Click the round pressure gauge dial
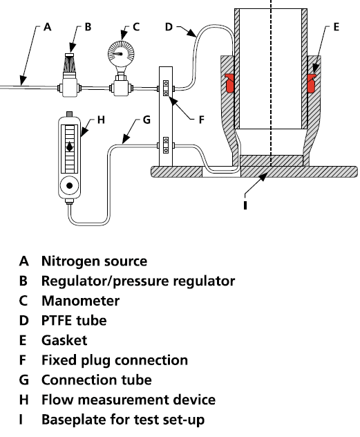pyautogui.click(x=121, y=53)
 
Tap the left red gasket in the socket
pyautogui.click(x=229, y=83)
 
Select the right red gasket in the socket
pyautogui.click(x=311, y=83)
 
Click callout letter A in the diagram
pyautogui.click(x=48, y=27)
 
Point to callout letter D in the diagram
pyautogui.click(x=169, y=27)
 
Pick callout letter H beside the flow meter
pyautogui.click(x=101, y=120)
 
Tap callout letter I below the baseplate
pyautogui.click(x=245, y=205)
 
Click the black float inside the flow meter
pyautogui.click(x=70, y=147)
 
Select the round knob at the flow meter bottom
pyautogui.click(x=70, y=185)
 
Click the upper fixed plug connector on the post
pyautogui.click(x=166, y=88)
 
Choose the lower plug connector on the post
pyautogui.click(x=166, y=145)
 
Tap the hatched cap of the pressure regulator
pyautogui.click(x=70, y=63)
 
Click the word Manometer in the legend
pyautogui.click(x=80, y=301)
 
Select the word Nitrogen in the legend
pyautogui.click(x=70, y=262)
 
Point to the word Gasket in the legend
pyautogui.click(x=64, y=340)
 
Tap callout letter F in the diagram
pyautogui.click(x=202, y=120)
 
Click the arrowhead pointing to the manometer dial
pyautogui.click(x=122, y=36)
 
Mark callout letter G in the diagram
pyautogui.click(x=146, y=120)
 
